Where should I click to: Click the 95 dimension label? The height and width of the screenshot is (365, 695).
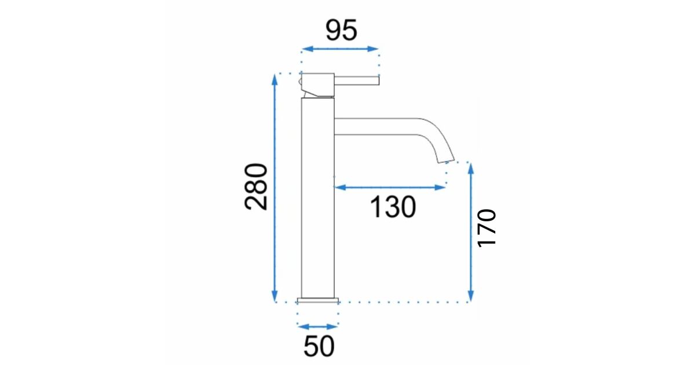coord(341,30)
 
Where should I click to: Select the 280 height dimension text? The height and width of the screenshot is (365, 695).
coord(255,187)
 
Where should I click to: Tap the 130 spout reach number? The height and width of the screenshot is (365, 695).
coord(393,207)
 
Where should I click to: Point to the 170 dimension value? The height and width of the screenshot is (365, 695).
coord(486,228)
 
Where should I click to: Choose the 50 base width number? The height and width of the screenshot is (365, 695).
coord(319,346)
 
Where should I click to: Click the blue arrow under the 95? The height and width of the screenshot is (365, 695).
coord(340,49)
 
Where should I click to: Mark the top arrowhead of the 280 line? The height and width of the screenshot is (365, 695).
coord(275,79)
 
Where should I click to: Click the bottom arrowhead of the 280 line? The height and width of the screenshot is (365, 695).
coord(275,297)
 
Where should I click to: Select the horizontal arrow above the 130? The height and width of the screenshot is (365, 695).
coord(390,188)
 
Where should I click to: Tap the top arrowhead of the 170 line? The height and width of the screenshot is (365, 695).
coord(471,168)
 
